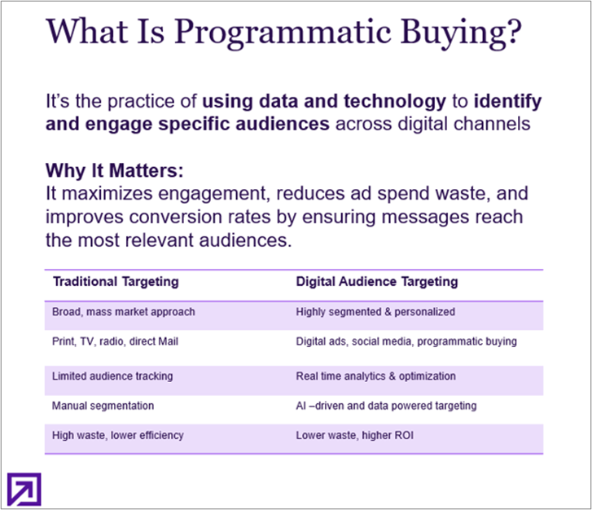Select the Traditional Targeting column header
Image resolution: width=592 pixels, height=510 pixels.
[x=116, y=282]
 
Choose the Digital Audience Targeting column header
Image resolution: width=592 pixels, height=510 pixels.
[x=377, y=282]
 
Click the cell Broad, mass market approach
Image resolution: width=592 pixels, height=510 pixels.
[x=123, y=311]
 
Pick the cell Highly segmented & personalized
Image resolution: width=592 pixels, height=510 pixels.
[x=375, y=311]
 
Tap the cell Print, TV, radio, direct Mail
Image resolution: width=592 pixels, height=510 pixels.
[x=115, y=341]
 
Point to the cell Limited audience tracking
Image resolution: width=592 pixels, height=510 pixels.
[x=112, y=376]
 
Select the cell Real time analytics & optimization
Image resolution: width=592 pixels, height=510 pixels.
[x=376, y=376]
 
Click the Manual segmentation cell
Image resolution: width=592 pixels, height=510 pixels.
[x=103, y=405]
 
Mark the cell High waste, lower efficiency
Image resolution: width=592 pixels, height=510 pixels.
[x=117, y=435]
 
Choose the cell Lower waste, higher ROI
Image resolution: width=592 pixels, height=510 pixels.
[x=355, y=435]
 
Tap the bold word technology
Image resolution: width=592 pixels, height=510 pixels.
[x=398, y=103]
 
